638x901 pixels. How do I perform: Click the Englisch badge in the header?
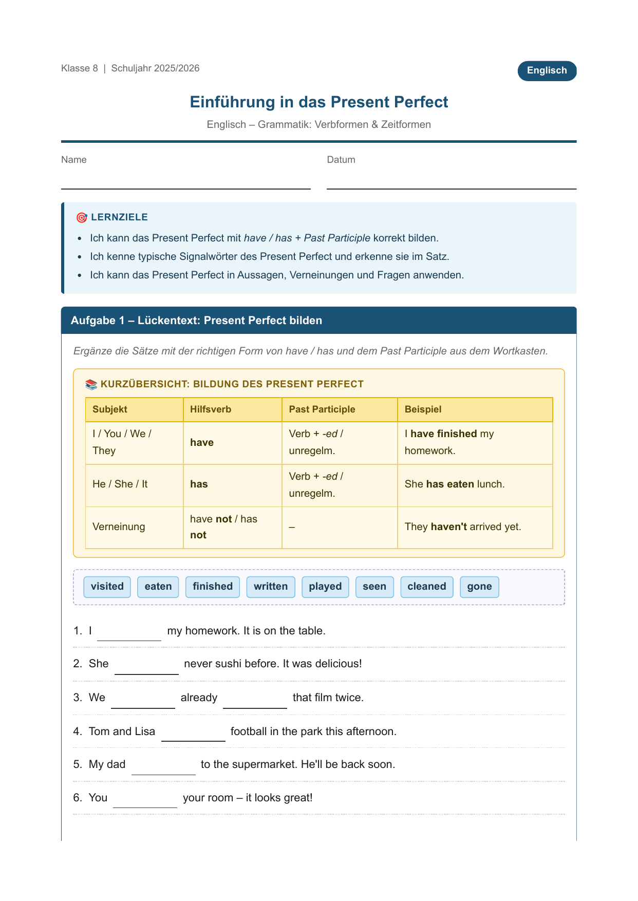point(547,71)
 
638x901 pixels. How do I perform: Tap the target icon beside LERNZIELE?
point(81,218)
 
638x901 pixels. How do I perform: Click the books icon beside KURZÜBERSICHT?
point(91,384)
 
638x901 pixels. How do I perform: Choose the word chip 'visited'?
point(107,587)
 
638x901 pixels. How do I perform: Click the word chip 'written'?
point(271,587)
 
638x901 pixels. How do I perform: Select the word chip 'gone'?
point(479,587)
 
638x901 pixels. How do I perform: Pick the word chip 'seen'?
point(374,587)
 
